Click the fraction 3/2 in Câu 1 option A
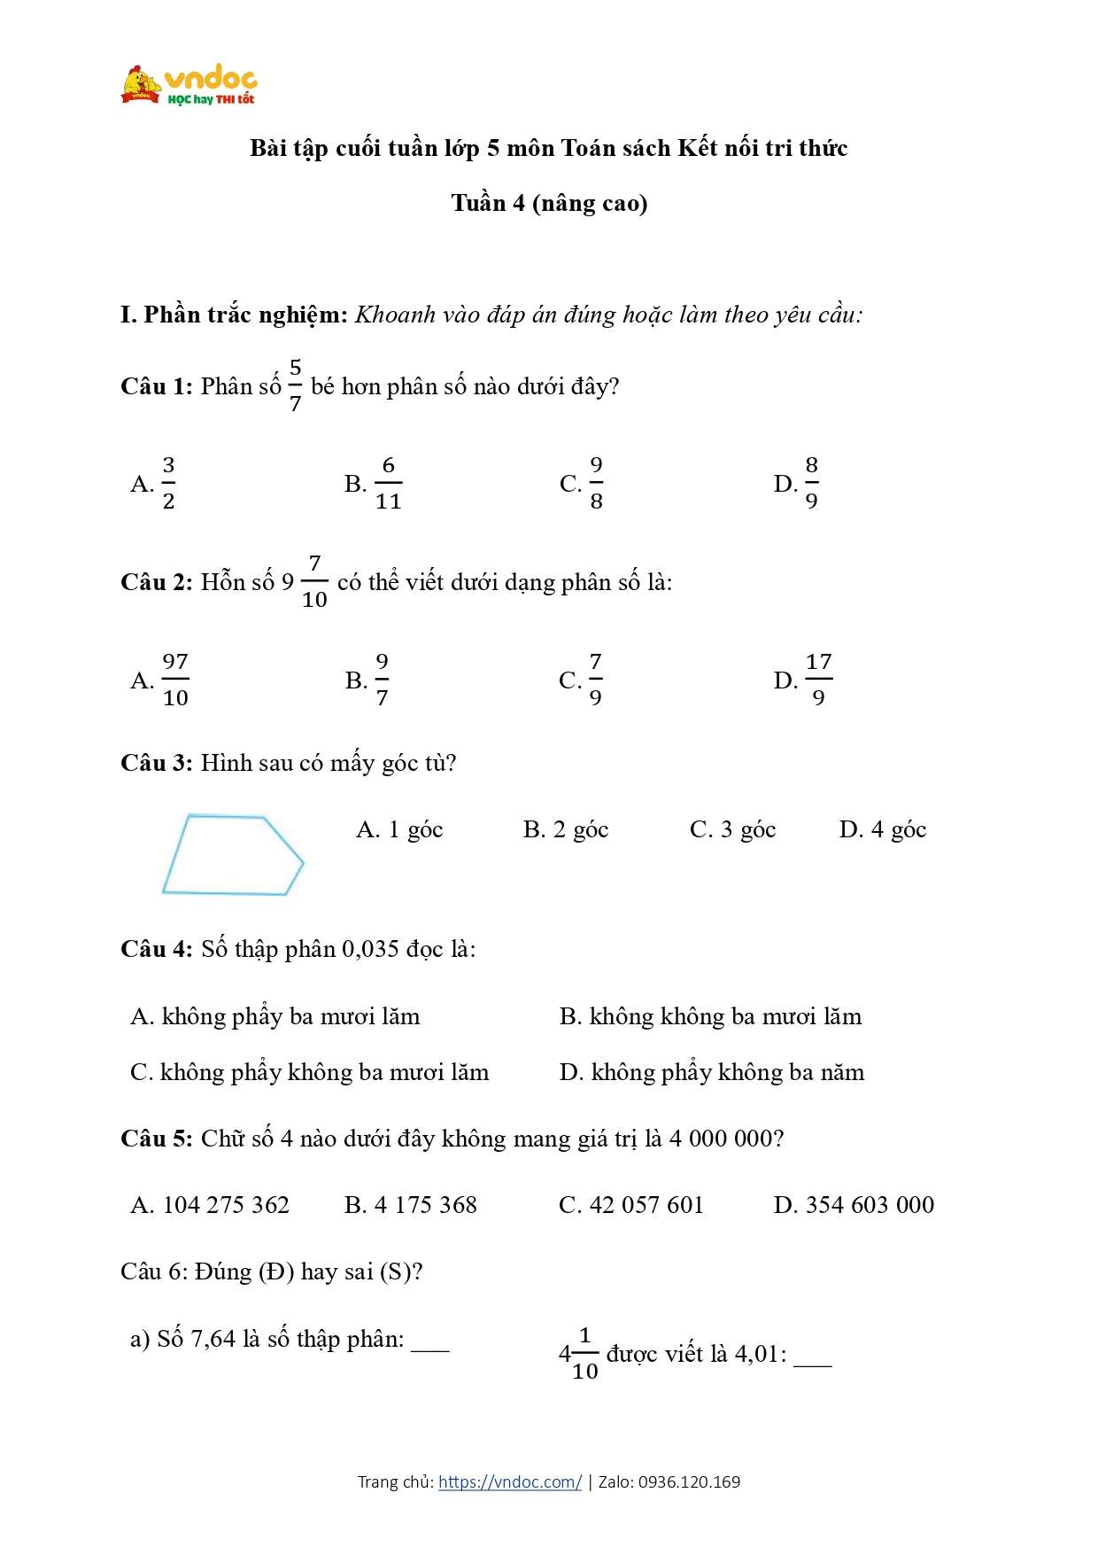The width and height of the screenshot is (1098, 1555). (168, 483)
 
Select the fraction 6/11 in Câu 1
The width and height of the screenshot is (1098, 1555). (388, 483)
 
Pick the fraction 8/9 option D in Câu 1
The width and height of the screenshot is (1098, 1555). (811, 483)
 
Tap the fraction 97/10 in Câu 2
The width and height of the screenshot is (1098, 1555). (175, 680)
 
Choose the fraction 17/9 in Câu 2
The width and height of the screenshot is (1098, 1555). (818, 680)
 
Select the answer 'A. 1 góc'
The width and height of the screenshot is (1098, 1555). (399, 829)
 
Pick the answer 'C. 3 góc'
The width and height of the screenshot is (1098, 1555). (732, 829)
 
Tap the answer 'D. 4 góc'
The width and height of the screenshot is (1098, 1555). (882, 829)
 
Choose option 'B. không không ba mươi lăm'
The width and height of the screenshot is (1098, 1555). (710, 1016)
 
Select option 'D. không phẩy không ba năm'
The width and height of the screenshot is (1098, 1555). (711, 1072)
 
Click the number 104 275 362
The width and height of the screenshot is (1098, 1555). (226, 1205)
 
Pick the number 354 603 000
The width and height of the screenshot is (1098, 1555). (870, 1205)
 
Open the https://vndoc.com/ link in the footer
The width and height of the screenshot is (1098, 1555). (510, 1481)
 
